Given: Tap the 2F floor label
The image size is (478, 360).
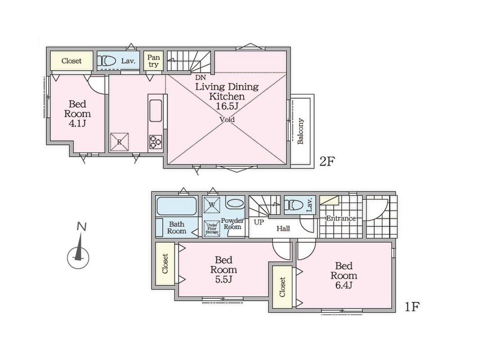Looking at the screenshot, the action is point(327,162).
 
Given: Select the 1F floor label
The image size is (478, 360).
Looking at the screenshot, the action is point(412,306).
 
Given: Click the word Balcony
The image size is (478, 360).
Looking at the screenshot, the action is point(300,131).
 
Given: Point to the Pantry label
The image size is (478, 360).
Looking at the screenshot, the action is point(153,61).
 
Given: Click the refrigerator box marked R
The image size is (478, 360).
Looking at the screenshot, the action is point(119,142).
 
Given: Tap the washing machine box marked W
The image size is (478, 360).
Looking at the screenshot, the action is point(212,205).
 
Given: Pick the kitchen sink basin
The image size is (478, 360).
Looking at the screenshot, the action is point(156,110).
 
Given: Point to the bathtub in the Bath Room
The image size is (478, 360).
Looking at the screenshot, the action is point(176,206).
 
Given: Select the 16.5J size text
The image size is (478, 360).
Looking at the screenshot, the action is point(227,106).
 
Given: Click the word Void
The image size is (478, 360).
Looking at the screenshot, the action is point(228,120).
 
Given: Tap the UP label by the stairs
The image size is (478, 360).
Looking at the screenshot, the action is point(259,222).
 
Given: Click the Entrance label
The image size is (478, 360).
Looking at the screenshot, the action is point(341,218).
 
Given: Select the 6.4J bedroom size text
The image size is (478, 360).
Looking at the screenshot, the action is point(344,285).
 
